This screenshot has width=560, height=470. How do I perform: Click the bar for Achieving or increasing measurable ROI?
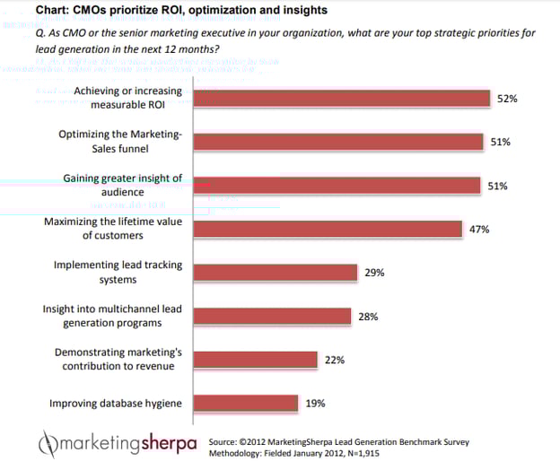click(341, 99)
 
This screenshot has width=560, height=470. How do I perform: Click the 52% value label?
click(507, 99)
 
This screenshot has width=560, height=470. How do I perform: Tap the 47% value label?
click(478, 230)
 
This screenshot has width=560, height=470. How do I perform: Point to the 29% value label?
click(374, 273)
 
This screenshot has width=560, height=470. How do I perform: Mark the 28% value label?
click(368, 317)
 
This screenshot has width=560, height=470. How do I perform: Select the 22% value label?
click(335, 360)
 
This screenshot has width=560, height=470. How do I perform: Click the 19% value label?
click(315, 404)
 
